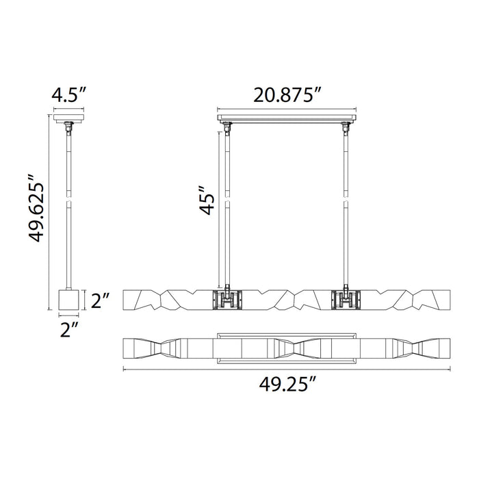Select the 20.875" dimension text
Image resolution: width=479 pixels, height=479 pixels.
pos(288,95)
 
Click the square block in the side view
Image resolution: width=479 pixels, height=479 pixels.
pos(68,299)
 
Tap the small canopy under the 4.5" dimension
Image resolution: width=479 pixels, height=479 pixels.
pos(68,120)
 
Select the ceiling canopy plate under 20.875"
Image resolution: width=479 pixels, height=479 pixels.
pos(288,119)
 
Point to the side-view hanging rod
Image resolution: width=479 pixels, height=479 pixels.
pos(68,205)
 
